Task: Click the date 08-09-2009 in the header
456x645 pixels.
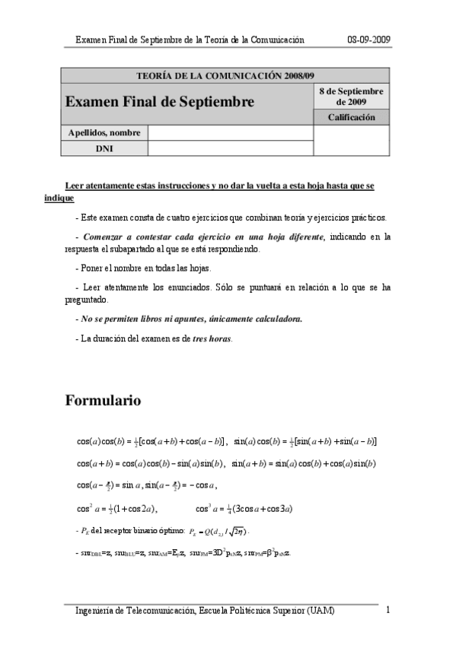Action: click(369, 40)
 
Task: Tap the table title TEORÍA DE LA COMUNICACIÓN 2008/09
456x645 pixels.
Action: click(224, 76)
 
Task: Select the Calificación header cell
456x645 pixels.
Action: click(352, 117)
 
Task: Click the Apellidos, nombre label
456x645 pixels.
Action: click(104, 133)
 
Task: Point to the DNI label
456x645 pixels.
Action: click(104, 148)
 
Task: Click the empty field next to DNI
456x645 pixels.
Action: click(231, 148)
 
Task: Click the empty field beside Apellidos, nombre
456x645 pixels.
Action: click(231, 133)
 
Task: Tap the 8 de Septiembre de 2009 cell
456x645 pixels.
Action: click(352, 96)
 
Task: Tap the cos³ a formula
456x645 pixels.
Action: click(244, 509)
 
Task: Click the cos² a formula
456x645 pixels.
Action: click(117, 509)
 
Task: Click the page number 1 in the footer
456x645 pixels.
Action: click(388, 610)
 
